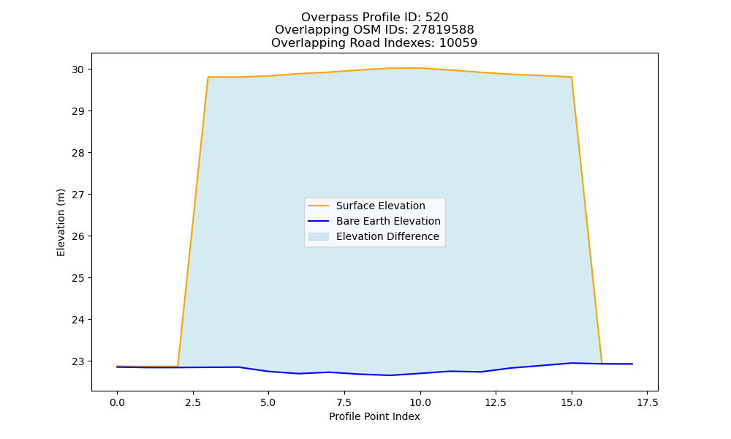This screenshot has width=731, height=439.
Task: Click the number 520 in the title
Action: click(x=436, y=18)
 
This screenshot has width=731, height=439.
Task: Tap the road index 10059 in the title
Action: click(x=458, y=43)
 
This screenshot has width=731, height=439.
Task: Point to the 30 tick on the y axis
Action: click(x=78, y=70)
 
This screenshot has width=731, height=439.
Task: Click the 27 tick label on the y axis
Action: click(x=78, y=195)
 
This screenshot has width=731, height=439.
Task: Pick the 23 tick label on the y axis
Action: click(x=78, y=361)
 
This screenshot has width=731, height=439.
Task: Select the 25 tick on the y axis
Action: click(x=78, y=278)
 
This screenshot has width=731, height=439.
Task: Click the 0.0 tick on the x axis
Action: click(x=117, y=402)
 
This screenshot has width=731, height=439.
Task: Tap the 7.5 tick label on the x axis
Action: click(x=344, y=402)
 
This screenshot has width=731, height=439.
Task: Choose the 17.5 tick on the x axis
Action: click(x=647, y=402)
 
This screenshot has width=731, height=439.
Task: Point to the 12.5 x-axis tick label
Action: click(x=495, y=402)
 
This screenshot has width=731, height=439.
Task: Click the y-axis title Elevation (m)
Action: click(x=61, y=222)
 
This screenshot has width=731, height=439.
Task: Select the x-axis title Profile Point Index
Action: click(x=374, y=416)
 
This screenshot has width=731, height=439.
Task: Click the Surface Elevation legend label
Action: click(x=380, y=206)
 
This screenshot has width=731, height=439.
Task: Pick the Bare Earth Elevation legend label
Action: click(x=388, y=221)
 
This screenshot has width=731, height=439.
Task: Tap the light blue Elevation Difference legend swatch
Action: click(x=319, y=236)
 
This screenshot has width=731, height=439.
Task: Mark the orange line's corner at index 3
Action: click(x=208, y=77)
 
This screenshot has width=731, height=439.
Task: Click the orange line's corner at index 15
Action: click(x=571, y=77)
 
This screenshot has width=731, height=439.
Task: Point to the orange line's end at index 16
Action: click(x=602, y=363)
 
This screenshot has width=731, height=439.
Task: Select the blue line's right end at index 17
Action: click(x=632, y=364)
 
